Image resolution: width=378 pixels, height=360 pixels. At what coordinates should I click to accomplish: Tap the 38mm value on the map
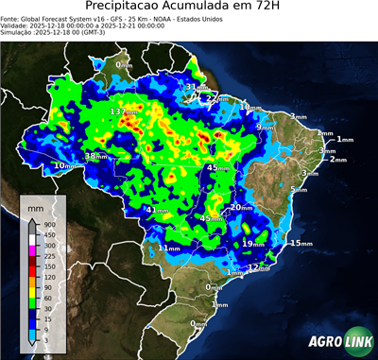click(x=96, y=156)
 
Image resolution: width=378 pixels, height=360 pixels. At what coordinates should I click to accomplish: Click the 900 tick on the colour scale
click(x=50, y=223)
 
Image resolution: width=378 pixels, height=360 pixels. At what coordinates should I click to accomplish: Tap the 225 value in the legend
click(x=50, y=256)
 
